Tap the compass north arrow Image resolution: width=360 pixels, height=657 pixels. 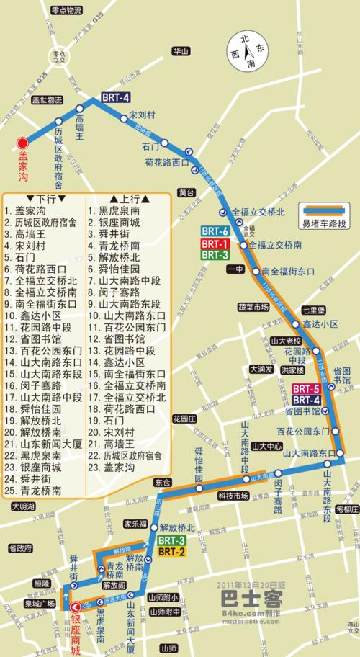pyautogui.click(x=247, y=51)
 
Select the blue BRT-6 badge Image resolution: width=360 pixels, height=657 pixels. pyautogui.click(x=215, y=231)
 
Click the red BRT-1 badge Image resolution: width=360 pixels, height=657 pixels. pyautogui.click(x=215, y=243)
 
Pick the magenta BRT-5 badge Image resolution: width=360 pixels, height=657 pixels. pyautogui.click(x=306, y=389)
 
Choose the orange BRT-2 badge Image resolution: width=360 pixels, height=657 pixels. pyautogui.click(x=172, y=552)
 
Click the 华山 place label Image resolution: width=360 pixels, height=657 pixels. pyautogui.click(x=180, y=52)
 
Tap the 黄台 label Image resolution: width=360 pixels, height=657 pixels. pyautogui.click(x=186, y=192)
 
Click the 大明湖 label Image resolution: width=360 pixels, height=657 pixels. pyautogui.click(x=23, y=508)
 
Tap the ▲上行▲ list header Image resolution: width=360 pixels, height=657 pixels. pyautogui.click(x=130, y=199)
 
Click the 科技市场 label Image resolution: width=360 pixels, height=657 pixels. pyautogui.click(x=233, y=495)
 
